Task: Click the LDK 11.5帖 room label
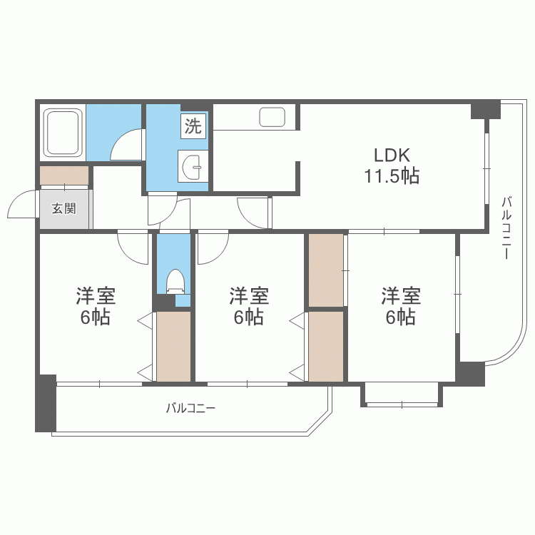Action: tap(392, 165)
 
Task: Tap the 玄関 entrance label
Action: tap(63, 208)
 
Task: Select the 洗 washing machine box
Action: tap(193, 126)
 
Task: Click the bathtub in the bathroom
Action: tap(63, 133)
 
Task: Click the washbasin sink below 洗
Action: tap(193, 166)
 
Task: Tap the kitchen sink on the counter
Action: tap(272, 117)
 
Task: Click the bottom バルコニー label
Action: tap(190, 408)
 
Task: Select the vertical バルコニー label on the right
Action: tap(506, 228)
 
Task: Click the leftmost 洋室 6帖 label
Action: tap(96, 306)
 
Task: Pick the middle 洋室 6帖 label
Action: tap(249, 306)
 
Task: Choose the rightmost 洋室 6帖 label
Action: tap(401, 306)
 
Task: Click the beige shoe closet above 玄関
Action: tap(64, 175)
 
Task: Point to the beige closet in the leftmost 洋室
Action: tap(173, 346)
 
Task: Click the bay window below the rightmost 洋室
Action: tap(402, 395)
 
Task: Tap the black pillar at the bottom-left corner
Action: tap(46, 403)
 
